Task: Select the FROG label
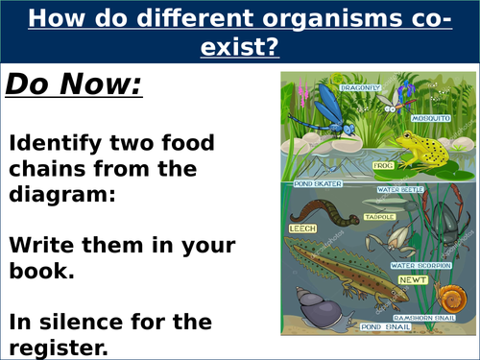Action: point(383,164)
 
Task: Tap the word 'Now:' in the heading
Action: point(102,86)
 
